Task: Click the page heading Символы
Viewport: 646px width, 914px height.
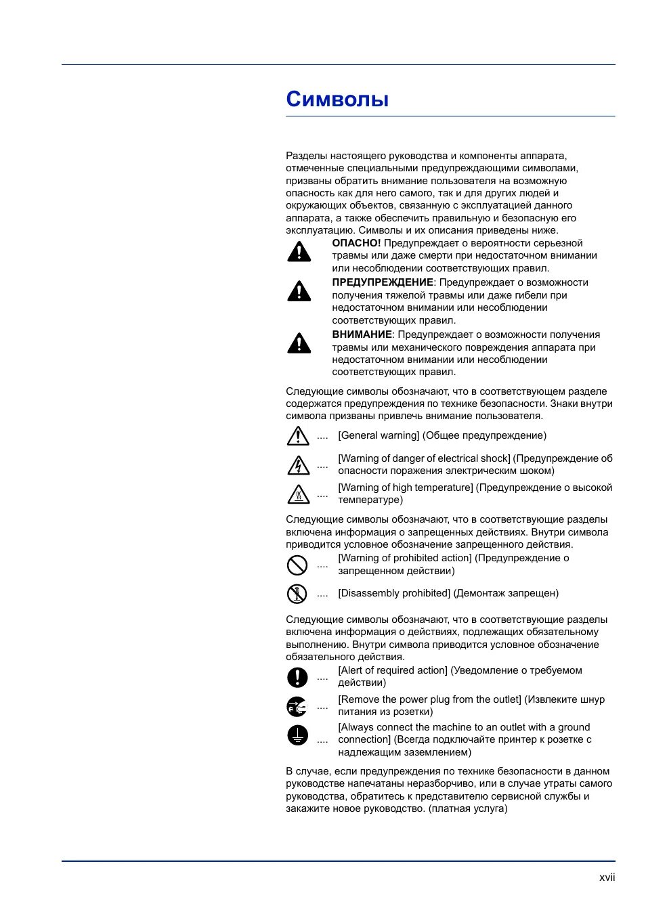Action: (337, 100)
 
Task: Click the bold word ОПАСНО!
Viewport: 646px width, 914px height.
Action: (356, 243)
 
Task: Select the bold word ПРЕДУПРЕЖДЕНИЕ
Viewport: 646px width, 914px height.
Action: (383, 282)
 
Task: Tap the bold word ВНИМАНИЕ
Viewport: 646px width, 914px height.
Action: (362, 334)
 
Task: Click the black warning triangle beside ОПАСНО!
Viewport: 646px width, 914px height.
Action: (299, 252)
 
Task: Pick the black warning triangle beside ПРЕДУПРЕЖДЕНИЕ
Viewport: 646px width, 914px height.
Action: (299, 291)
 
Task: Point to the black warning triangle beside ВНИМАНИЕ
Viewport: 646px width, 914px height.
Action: (299, 343)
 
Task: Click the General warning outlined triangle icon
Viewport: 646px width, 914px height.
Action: (298, 436)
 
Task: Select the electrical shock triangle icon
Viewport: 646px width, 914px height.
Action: (298, 465)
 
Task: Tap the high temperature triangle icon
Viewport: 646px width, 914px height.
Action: (298, 494)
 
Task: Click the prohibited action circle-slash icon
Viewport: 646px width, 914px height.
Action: (297, 565)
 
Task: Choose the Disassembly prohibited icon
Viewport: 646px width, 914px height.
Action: (297, 594)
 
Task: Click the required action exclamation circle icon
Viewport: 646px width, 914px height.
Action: (297, 677)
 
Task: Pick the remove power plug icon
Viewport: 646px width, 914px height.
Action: (297, 706)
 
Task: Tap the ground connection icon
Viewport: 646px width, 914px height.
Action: (297, 735)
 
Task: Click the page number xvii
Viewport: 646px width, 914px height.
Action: (607, 877)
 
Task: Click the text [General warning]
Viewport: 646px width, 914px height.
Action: (379, 435)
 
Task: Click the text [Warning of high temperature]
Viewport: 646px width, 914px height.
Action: (406, 487)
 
